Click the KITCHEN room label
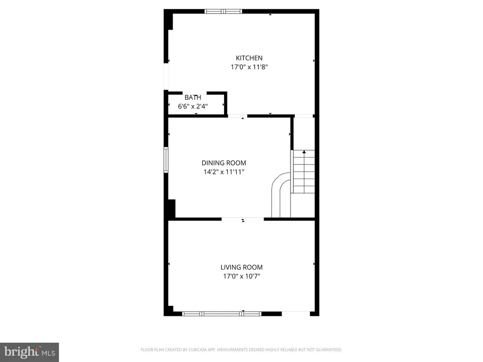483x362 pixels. [x=249, y=58]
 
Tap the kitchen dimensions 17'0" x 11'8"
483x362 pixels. [x=249, y=67]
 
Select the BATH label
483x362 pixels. [x=193, y=98]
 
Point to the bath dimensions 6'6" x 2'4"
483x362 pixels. [x=193, y=107]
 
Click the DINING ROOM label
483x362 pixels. [x=224, y=163]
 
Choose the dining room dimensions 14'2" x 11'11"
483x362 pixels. [x=224, y=172]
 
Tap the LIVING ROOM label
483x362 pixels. [x=241, y=267]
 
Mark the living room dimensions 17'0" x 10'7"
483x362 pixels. [x=241, y=276]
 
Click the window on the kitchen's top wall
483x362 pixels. [x=223, y=11]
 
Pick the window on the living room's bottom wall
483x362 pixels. [x=222, y=313]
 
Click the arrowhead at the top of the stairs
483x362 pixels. [x=304, y=152]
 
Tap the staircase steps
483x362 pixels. [x=304, y=172]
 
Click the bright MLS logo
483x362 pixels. [x=30, y=352]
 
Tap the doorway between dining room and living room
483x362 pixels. [x=243, y=219]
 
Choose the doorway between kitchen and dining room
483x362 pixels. [x=238, y=116]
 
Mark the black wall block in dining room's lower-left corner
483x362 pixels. [x=172, y=209]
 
